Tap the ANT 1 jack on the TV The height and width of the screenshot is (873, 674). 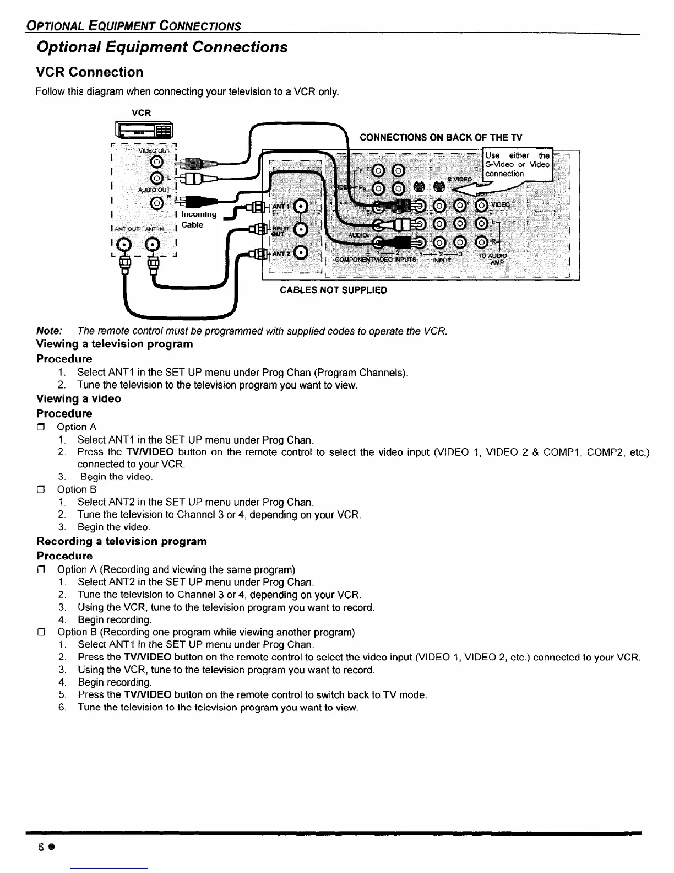301,206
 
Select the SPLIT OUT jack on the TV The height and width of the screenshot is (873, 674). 301,229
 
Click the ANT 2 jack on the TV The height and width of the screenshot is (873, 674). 301,253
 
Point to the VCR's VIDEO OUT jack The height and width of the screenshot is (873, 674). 157,161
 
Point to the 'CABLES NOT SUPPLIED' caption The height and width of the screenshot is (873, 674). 333,290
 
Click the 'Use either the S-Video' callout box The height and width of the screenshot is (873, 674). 517,164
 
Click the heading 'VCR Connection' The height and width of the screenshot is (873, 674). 89,72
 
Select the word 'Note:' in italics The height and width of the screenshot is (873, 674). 49,331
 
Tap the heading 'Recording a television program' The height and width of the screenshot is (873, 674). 122,541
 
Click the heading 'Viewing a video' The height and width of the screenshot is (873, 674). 79,398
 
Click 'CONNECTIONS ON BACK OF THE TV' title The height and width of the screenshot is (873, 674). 441,137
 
